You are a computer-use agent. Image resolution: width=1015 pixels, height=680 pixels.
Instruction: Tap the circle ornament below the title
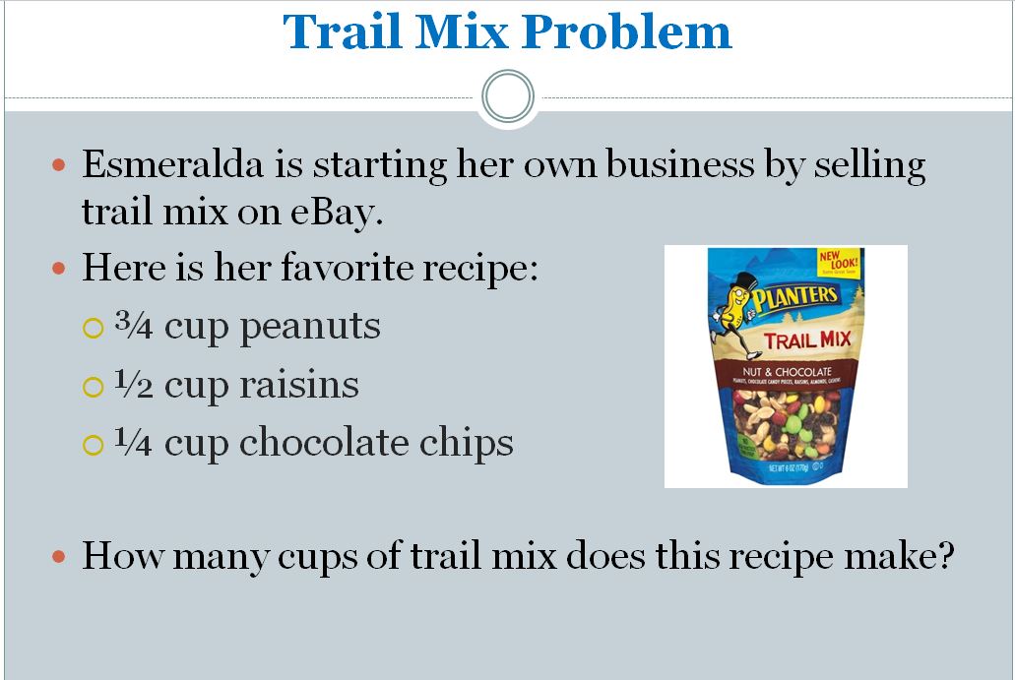(508, 96)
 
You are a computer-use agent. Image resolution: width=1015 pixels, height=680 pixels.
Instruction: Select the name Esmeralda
(171, 164)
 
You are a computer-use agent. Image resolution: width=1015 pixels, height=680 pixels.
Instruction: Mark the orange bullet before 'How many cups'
(59, 557)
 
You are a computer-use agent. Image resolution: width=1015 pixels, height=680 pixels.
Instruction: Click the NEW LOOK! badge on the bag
(840, 264)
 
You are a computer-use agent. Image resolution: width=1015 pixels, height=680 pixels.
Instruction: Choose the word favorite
(346, 269)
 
